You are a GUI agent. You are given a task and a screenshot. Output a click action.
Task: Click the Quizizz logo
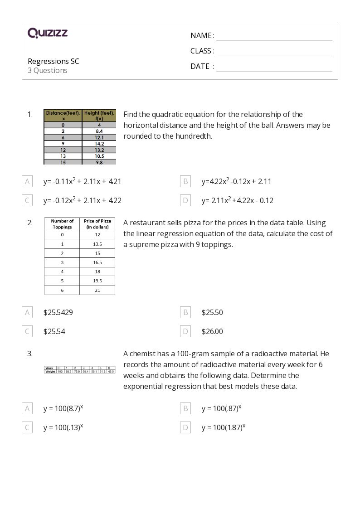point(48,33)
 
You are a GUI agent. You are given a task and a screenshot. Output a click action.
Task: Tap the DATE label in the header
point(200,66)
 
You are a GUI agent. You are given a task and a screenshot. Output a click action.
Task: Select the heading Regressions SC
point(54,61)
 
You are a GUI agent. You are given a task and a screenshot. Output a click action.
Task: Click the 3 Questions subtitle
point(48,70)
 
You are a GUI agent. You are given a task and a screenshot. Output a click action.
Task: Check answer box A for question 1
point(27,181)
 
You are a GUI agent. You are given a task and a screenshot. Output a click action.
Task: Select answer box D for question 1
point(185,200)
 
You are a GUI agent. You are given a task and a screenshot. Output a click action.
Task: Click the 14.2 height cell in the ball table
point(99,144)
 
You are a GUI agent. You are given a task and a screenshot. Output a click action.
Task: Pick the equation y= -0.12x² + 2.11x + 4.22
point(83,200)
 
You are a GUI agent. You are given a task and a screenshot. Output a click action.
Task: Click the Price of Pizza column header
point(97,224)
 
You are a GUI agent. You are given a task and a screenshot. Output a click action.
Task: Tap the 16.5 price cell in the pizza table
point(97,262)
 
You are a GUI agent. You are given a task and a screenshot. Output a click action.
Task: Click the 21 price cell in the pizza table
point(97,290)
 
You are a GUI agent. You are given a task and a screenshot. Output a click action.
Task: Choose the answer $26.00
point(212,331)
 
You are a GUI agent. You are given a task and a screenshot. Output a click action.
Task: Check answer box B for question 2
point(185,312)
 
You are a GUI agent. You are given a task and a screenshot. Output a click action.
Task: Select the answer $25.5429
point(58,312)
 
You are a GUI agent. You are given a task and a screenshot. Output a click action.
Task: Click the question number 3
point(30,354)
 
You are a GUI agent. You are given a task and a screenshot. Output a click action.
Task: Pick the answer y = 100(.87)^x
point(221,408)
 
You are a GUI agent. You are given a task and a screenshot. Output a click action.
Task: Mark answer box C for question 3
point(27,427)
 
